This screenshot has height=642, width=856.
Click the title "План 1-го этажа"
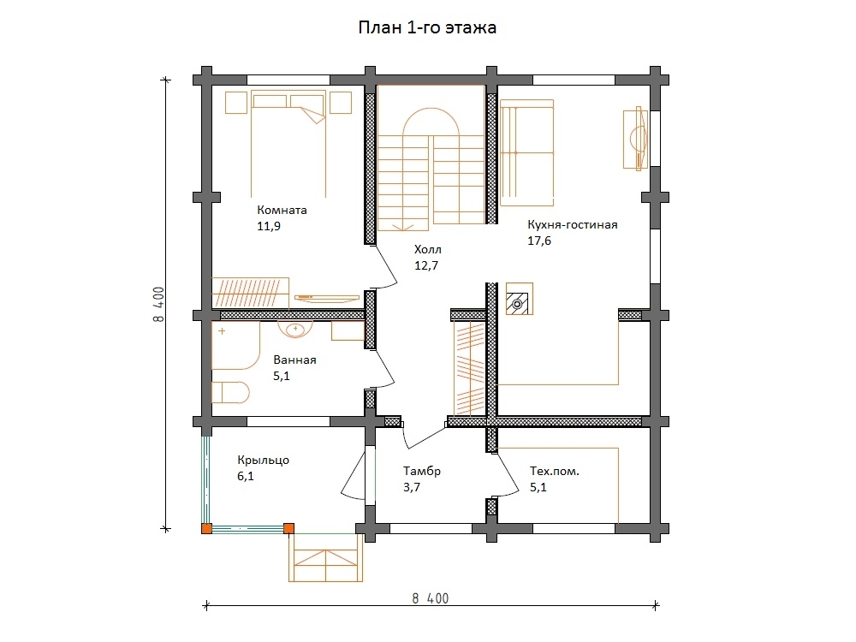tap(427, 27)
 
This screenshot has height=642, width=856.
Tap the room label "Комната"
tap(282, 211)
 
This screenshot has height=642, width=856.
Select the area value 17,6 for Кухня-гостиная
tap(539, 241)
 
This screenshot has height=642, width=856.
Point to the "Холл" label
tap(428, 250)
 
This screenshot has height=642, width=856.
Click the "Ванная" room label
tap(294, 360)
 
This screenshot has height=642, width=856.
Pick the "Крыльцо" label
tap(263, 461)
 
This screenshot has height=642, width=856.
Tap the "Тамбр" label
tap(422, 471)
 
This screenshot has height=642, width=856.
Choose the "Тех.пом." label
tap(555, 471)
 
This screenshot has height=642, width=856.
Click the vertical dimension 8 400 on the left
tap(158, 304)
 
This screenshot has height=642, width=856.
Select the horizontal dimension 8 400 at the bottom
tap(431, 599)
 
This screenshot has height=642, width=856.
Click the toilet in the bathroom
tap(230, 393)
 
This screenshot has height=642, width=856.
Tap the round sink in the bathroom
tap(295, 330)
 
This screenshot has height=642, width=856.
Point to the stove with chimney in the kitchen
tap(520, 299)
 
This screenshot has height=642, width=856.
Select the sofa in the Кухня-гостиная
tap(526, 153)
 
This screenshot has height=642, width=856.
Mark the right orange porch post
tap(288, 528)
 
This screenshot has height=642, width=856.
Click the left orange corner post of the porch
tap(207, 528)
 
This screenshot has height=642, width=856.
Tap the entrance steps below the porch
tap(326, 558)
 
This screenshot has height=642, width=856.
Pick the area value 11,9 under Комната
tap(269, 227)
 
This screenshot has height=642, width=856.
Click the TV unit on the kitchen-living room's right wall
tap(635, 139)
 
